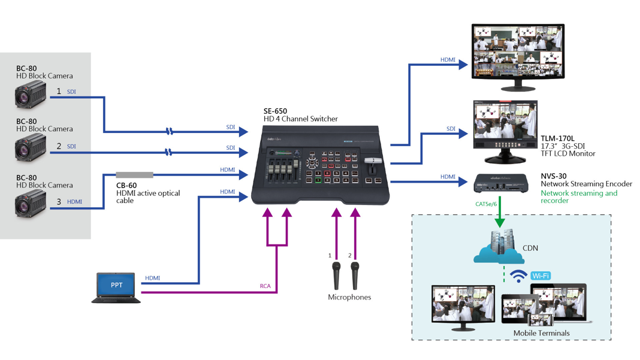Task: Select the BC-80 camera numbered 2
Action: [x=31, y=148]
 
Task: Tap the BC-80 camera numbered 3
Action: [x=31, y=204]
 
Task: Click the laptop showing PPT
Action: [x=116, y=288]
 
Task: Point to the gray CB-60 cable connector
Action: [x=134, y=175]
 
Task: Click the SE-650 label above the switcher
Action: [x=275, y=111]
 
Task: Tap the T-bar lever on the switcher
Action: [x=373, y=161]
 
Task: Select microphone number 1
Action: [x=336, y=274]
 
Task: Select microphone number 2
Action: [x=355, y=274]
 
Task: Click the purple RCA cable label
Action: [x=265, y=286]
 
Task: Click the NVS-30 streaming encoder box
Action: [x=501, y=182]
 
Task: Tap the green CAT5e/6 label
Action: [x=486, y=204]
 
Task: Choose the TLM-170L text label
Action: [x=557, y=138]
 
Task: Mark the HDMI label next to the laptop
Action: [x=152, y=278]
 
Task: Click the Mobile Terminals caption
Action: [x=541, y=333]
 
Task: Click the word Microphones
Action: [x=349, y=297]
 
